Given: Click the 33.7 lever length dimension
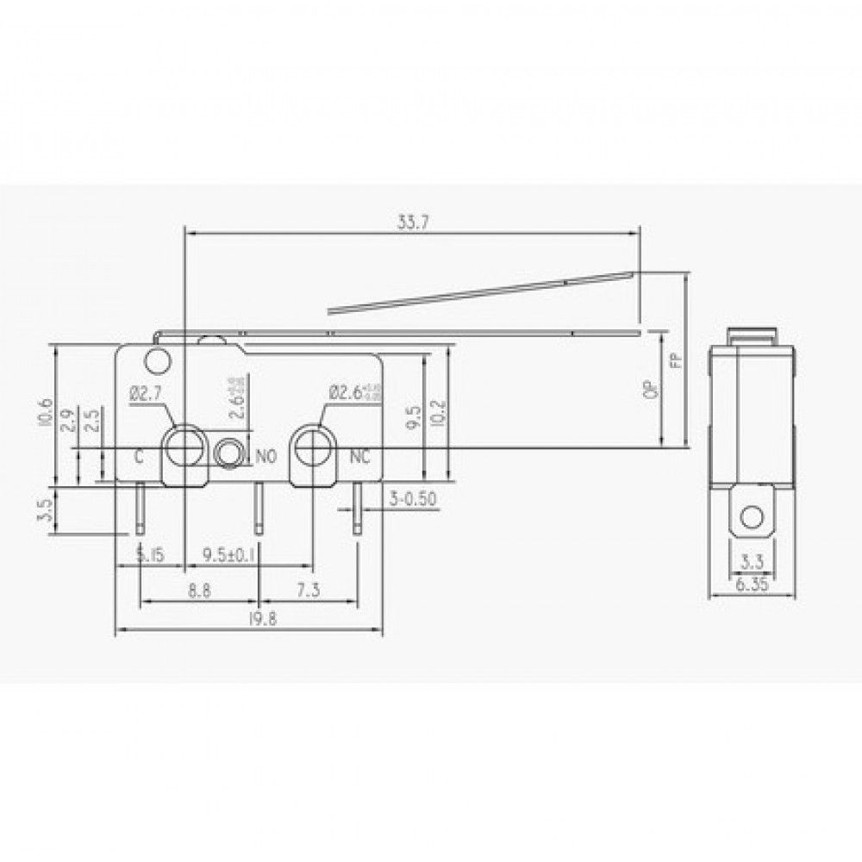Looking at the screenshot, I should click(413, 222).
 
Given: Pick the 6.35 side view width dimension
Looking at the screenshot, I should click(752, 584).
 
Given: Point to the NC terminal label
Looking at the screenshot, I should click(359, 457).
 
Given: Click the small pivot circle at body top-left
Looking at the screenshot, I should click(157, 359).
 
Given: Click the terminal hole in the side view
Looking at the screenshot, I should click(752, 517).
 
